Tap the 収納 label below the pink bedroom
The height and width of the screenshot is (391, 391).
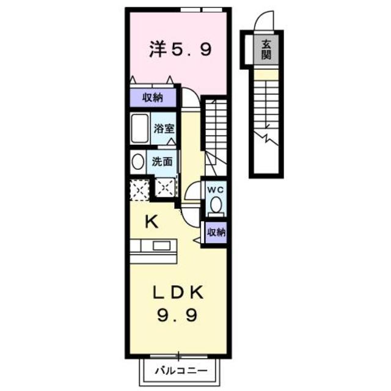pyautogui.click(x=153, y=98)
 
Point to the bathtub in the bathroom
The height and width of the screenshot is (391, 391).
pyautogui.click(x=141, y=128)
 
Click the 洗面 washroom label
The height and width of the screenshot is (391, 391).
pyautogui.click(x=163, y=163)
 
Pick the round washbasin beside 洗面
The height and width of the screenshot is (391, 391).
pyautogui.click(x=137, y=162)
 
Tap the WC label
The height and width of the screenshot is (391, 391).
pyautogui.click(x=215, y=190)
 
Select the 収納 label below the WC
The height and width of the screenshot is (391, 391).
pyautogui.click(x=216, y=232)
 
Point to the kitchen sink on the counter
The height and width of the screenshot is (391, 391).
pyautogui.click(x=161, y=246)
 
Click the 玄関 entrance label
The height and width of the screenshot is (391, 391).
pyautogui.click(x=267, y=48)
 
